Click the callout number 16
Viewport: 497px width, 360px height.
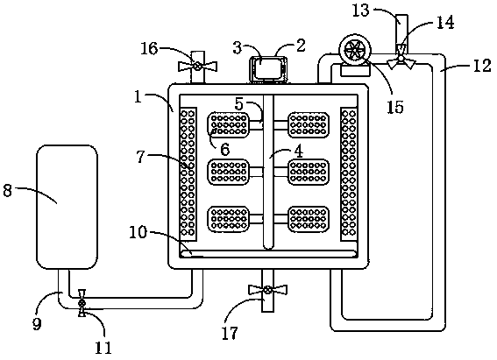click(149, 48)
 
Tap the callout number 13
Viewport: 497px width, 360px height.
click(361, 11)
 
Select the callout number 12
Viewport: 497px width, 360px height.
click(482, 67)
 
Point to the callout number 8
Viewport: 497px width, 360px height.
click(7, 191)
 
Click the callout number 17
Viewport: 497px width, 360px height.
click(230, 333)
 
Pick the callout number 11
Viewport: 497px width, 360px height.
click(103, 348)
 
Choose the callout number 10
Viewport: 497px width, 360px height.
click(138, 233)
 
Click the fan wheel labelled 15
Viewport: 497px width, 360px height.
click(355, 52)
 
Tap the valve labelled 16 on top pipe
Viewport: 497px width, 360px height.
click(197, 67)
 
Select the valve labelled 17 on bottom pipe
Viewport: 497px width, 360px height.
click(268, 289)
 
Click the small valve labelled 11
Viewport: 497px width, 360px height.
click(82, 303)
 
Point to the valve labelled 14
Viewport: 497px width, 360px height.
click(401, 58)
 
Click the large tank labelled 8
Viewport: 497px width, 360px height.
click(67, 207)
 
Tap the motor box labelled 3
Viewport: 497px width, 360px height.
click(268, 69)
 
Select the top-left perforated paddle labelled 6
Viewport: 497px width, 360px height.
click(228, 125)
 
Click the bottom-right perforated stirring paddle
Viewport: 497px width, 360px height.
click(309, 219)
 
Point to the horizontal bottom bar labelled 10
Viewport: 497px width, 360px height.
click(268, 254)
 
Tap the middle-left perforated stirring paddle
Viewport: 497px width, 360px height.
click(228, 172)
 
